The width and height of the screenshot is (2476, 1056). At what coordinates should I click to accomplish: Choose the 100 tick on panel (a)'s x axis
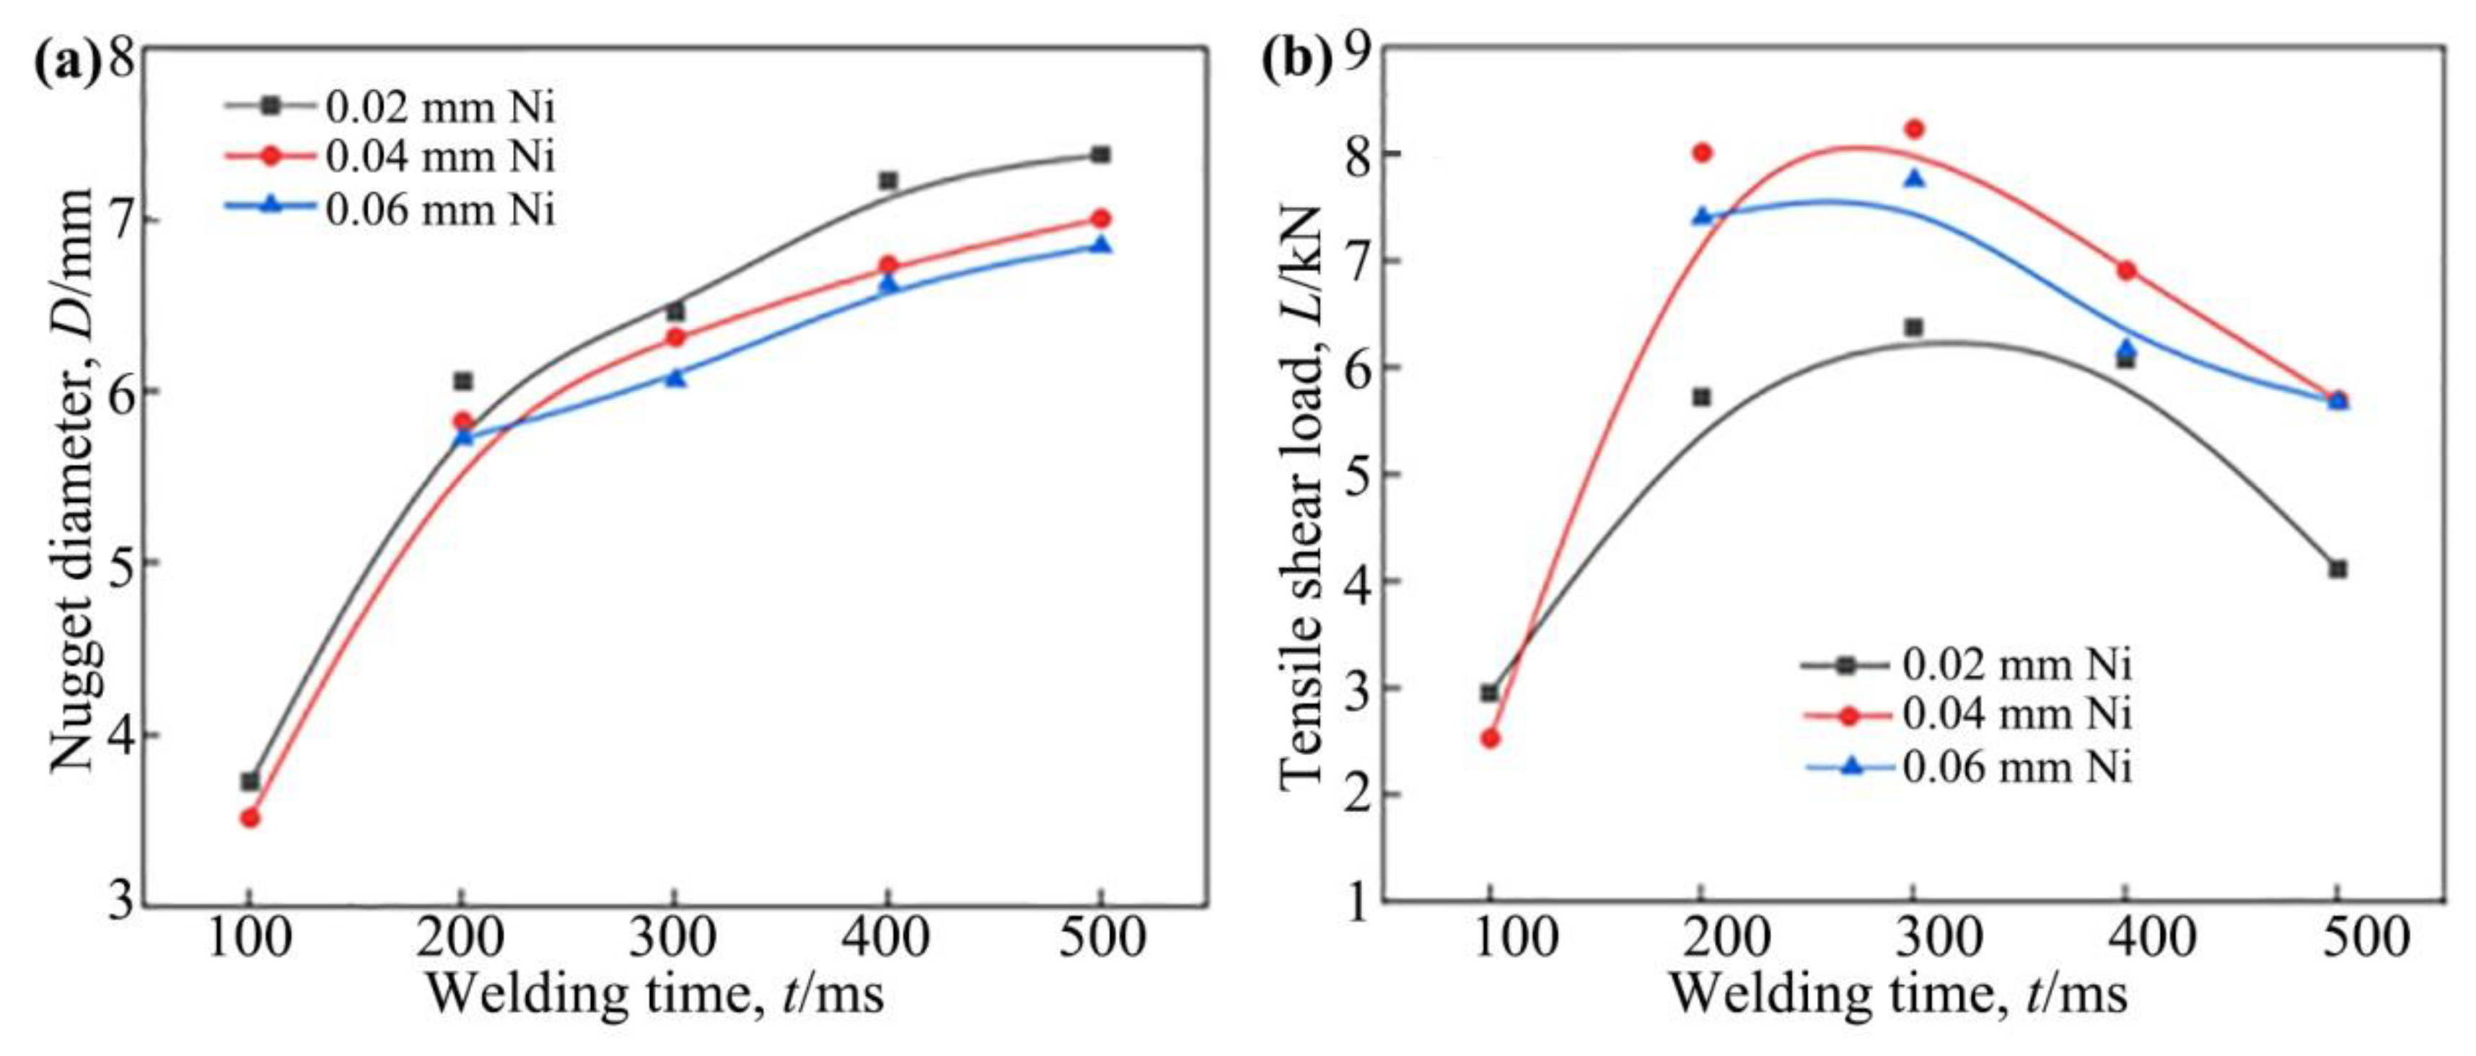pos(250,938)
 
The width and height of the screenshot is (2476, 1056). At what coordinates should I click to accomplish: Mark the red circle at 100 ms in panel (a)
pos(250,818)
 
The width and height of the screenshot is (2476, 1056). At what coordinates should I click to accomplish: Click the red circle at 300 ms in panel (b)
pos(1914,129)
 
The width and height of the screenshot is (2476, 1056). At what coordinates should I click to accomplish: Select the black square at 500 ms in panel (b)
pos(2338,570)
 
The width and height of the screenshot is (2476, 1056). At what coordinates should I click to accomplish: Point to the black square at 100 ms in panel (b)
pos(1490,692)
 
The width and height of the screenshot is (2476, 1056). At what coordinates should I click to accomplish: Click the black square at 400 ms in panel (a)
pos(888,180)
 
